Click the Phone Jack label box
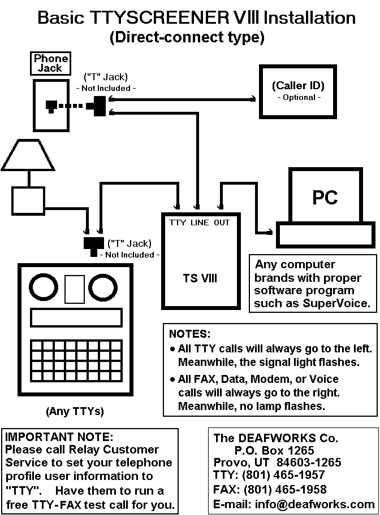[51, 63]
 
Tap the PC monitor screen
[325, 197]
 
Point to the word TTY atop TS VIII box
[177, 222]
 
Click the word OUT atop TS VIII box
[222, 222]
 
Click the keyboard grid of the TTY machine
[75, 360]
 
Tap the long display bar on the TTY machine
[75, 318]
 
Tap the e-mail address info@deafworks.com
[293, 504]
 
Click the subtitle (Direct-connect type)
[187, 38]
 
